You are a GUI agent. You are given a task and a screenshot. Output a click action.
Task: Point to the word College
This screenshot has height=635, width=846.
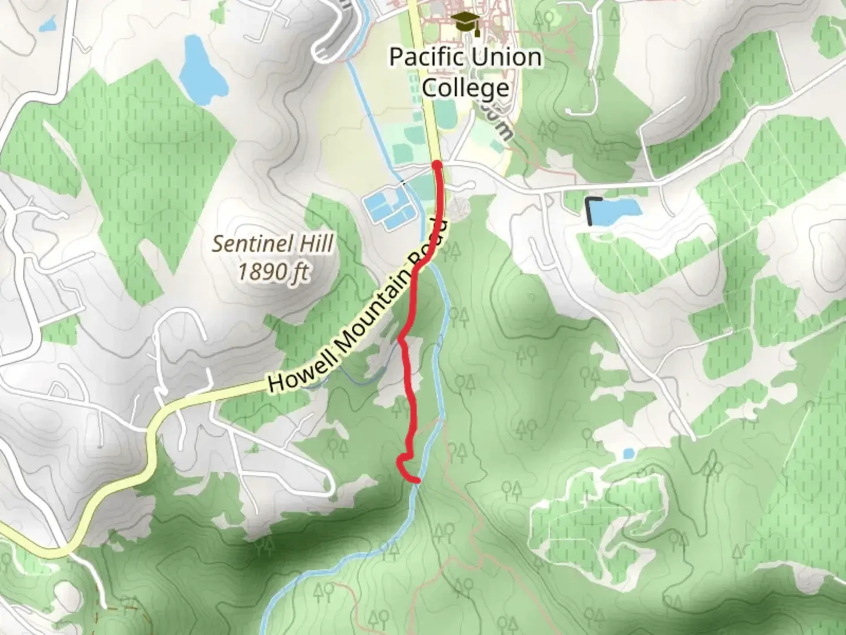point(465,88)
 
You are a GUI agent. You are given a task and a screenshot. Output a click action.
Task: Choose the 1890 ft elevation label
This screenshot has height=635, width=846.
point(273,272)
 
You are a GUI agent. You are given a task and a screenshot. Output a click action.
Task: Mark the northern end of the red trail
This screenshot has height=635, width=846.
point(437,164)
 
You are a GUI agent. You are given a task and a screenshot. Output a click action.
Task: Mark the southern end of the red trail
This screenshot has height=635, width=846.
point(417,480)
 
